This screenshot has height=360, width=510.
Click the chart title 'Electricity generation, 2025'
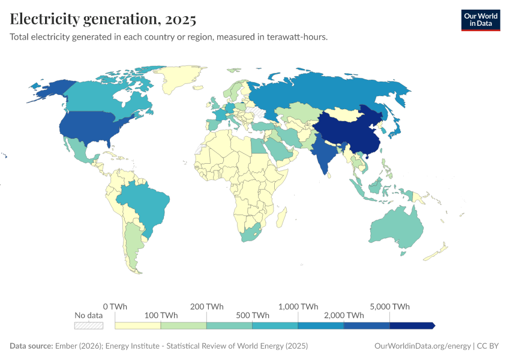103,19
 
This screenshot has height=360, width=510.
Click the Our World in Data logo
481,20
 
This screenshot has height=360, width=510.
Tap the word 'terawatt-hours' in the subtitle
298,37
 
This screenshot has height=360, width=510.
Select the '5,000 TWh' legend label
390,306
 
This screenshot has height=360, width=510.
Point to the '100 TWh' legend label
160,315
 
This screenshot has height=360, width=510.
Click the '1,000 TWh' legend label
298,306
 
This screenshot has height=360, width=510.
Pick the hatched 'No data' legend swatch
88,325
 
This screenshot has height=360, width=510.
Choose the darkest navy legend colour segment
411,325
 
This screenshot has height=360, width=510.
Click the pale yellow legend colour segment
137,325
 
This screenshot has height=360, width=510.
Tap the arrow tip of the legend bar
433,325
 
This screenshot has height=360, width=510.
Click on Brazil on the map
144,204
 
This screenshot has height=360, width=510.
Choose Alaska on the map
48,90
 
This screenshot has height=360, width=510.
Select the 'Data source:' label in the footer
31,346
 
